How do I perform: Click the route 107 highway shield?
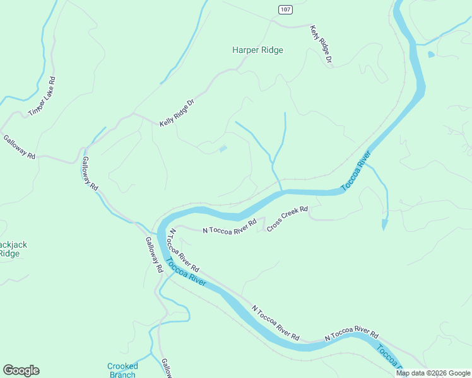pyautogui.click(x=286, y=9)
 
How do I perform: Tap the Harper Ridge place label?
pyautogui.click(x=257, y=50)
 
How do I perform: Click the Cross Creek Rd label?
pyautogui.click(x=287, y=219)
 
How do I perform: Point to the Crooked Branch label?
pyautogui.click(x=122, y=370)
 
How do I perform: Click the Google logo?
pyautogui.click(x=21, y=370)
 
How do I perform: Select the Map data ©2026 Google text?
pyautogui.click(x=432, y=373)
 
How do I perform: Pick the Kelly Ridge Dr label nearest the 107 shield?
pyautogui.click(x=321, y=44)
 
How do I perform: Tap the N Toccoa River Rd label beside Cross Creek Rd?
pyautogui.click(x=230, y=227)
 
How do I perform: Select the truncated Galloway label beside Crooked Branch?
pyautogui.click(x=166, y=369)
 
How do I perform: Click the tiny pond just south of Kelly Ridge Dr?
pyautogui.click(x=223, y=149)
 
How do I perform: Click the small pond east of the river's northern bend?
pyautogui.click(x=431, y=55)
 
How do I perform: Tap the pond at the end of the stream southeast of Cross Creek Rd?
pyautogui.click(x=384, y=224)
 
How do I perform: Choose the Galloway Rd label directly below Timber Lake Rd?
pyautogui.click(x=19, y=147)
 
